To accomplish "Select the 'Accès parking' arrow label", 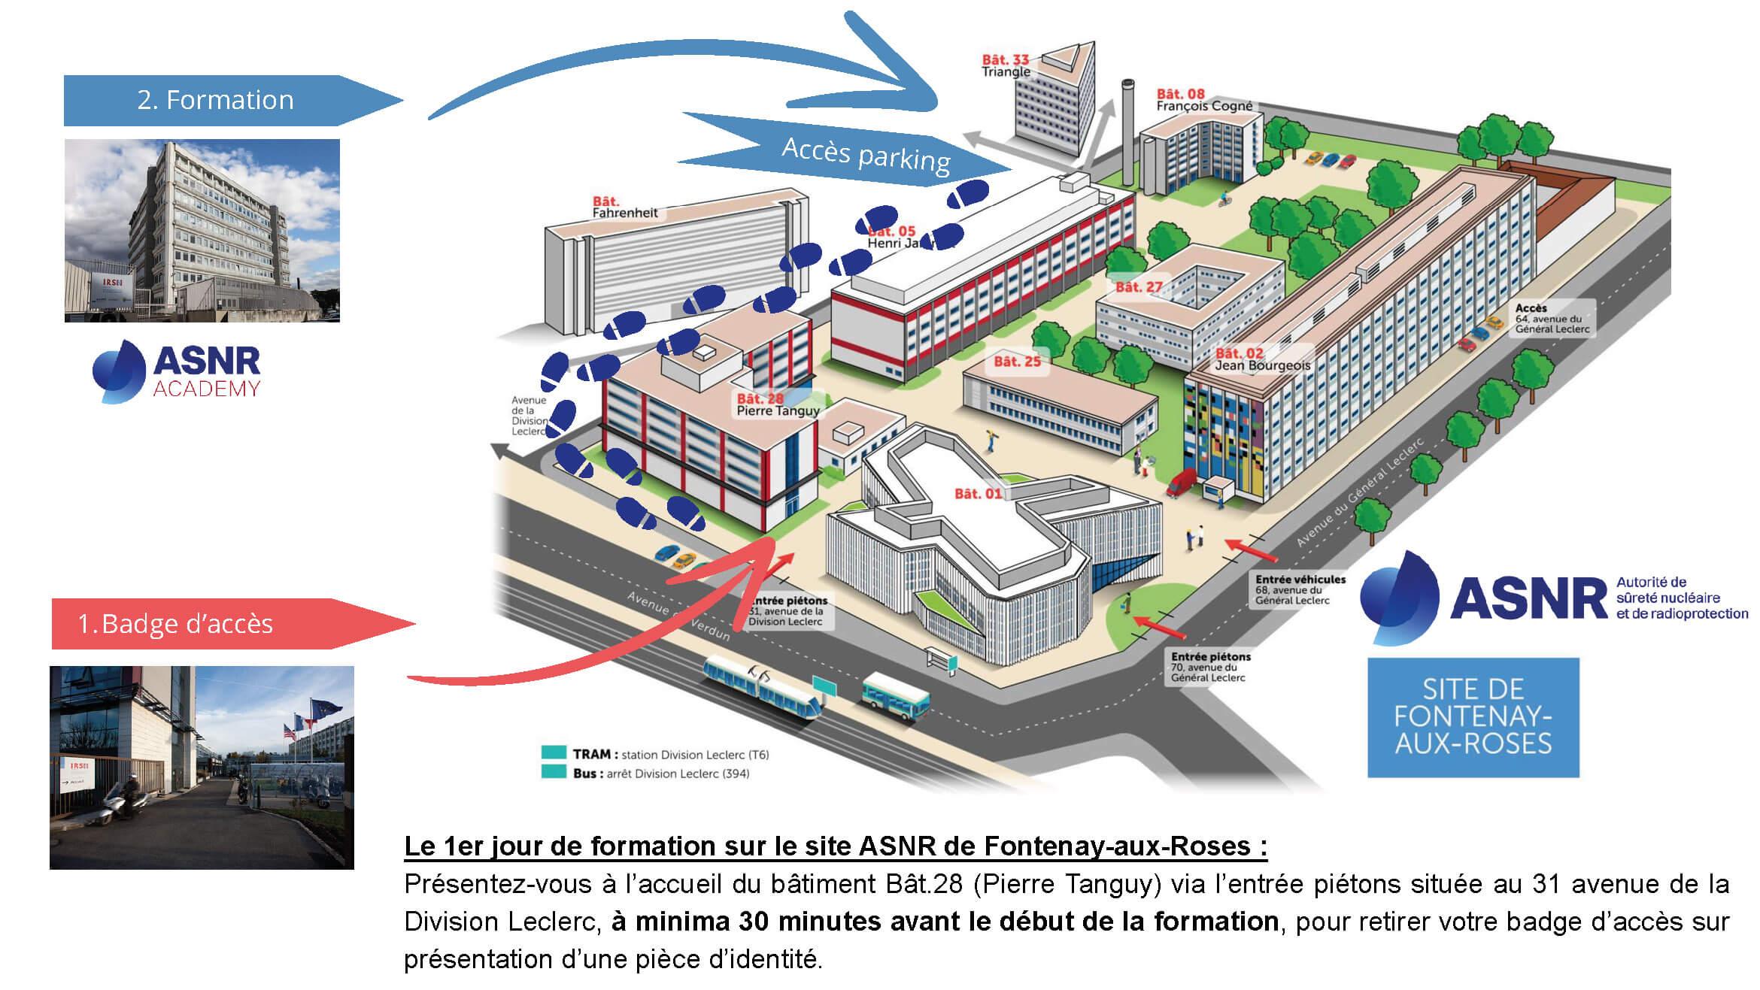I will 865,155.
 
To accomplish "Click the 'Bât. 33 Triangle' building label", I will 1006,65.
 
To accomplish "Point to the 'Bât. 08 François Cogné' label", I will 1204,100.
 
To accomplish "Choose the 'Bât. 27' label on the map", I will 1138,287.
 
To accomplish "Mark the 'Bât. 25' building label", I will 1017,362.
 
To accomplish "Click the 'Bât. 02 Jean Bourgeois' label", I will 1262,359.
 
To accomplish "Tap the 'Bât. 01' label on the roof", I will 978,494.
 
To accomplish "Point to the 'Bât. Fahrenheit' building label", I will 624,207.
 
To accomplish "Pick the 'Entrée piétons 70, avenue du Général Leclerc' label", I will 1210,667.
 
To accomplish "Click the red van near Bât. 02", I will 1182,483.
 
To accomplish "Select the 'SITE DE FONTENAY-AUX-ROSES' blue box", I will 1473,717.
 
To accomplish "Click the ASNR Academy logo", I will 178,371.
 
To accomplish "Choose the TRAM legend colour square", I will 553,753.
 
